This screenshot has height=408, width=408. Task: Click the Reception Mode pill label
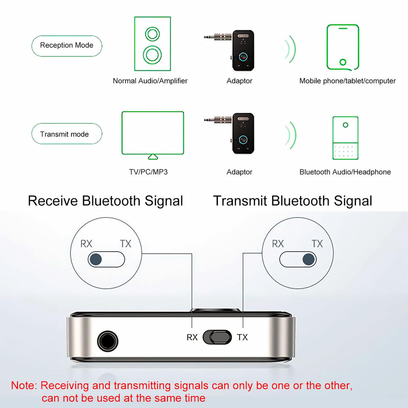coord(67,45)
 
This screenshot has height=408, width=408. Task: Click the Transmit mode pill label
coord(65,134)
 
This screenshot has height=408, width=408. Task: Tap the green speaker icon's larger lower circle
coord(152,55)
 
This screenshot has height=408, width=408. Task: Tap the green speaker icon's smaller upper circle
coord(152,34)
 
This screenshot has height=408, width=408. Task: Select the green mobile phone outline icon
coord(343,47)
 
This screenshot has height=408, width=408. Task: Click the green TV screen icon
coord(152,133)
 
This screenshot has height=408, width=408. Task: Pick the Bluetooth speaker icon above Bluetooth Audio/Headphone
coord(345,138)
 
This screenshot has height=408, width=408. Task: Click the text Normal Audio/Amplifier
coord(150,81)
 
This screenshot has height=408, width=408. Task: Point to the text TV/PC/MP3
coord(148,172)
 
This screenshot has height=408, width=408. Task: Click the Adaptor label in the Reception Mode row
coord(239,81)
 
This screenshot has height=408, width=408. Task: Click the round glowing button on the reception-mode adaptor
coord(243,56)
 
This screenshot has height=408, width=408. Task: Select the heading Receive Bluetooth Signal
coord(105,201)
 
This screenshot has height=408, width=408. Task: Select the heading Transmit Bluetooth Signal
coord(292,201)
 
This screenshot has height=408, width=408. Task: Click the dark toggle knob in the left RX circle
coord(96,259)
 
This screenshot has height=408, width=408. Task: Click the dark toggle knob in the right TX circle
coord(309,259)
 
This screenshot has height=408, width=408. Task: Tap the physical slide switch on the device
coord(217,337)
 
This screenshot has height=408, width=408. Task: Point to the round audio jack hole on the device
coord(108,341)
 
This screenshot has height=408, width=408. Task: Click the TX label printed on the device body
coord(242,337)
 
